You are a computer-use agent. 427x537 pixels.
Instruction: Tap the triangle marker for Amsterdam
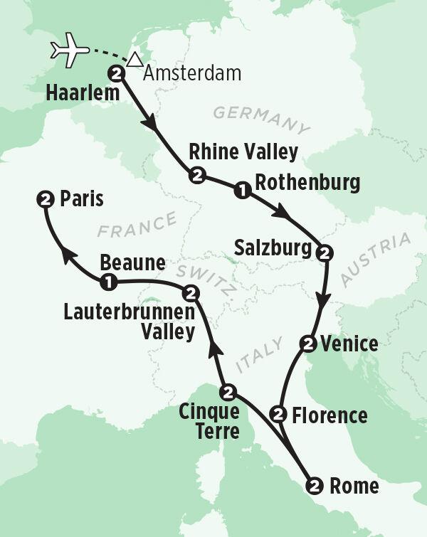[x=132, y=63]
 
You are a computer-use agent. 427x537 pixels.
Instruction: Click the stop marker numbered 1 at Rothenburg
[x=241, y=189]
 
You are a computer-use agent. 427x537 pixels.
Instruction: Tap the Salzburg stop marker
[x=325, y=252]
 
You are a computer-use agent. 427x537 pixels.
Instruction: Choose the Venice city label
[x=349, y=344]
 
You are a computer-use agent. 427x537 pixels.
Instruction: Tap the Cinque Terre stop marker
[x=227, y=390]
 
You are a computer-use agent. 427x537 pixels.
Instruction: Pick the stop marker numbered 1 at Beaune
[x=108, y=282]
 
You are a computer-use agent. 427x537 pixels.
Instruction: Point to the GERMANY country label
[x=262, y=119]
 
